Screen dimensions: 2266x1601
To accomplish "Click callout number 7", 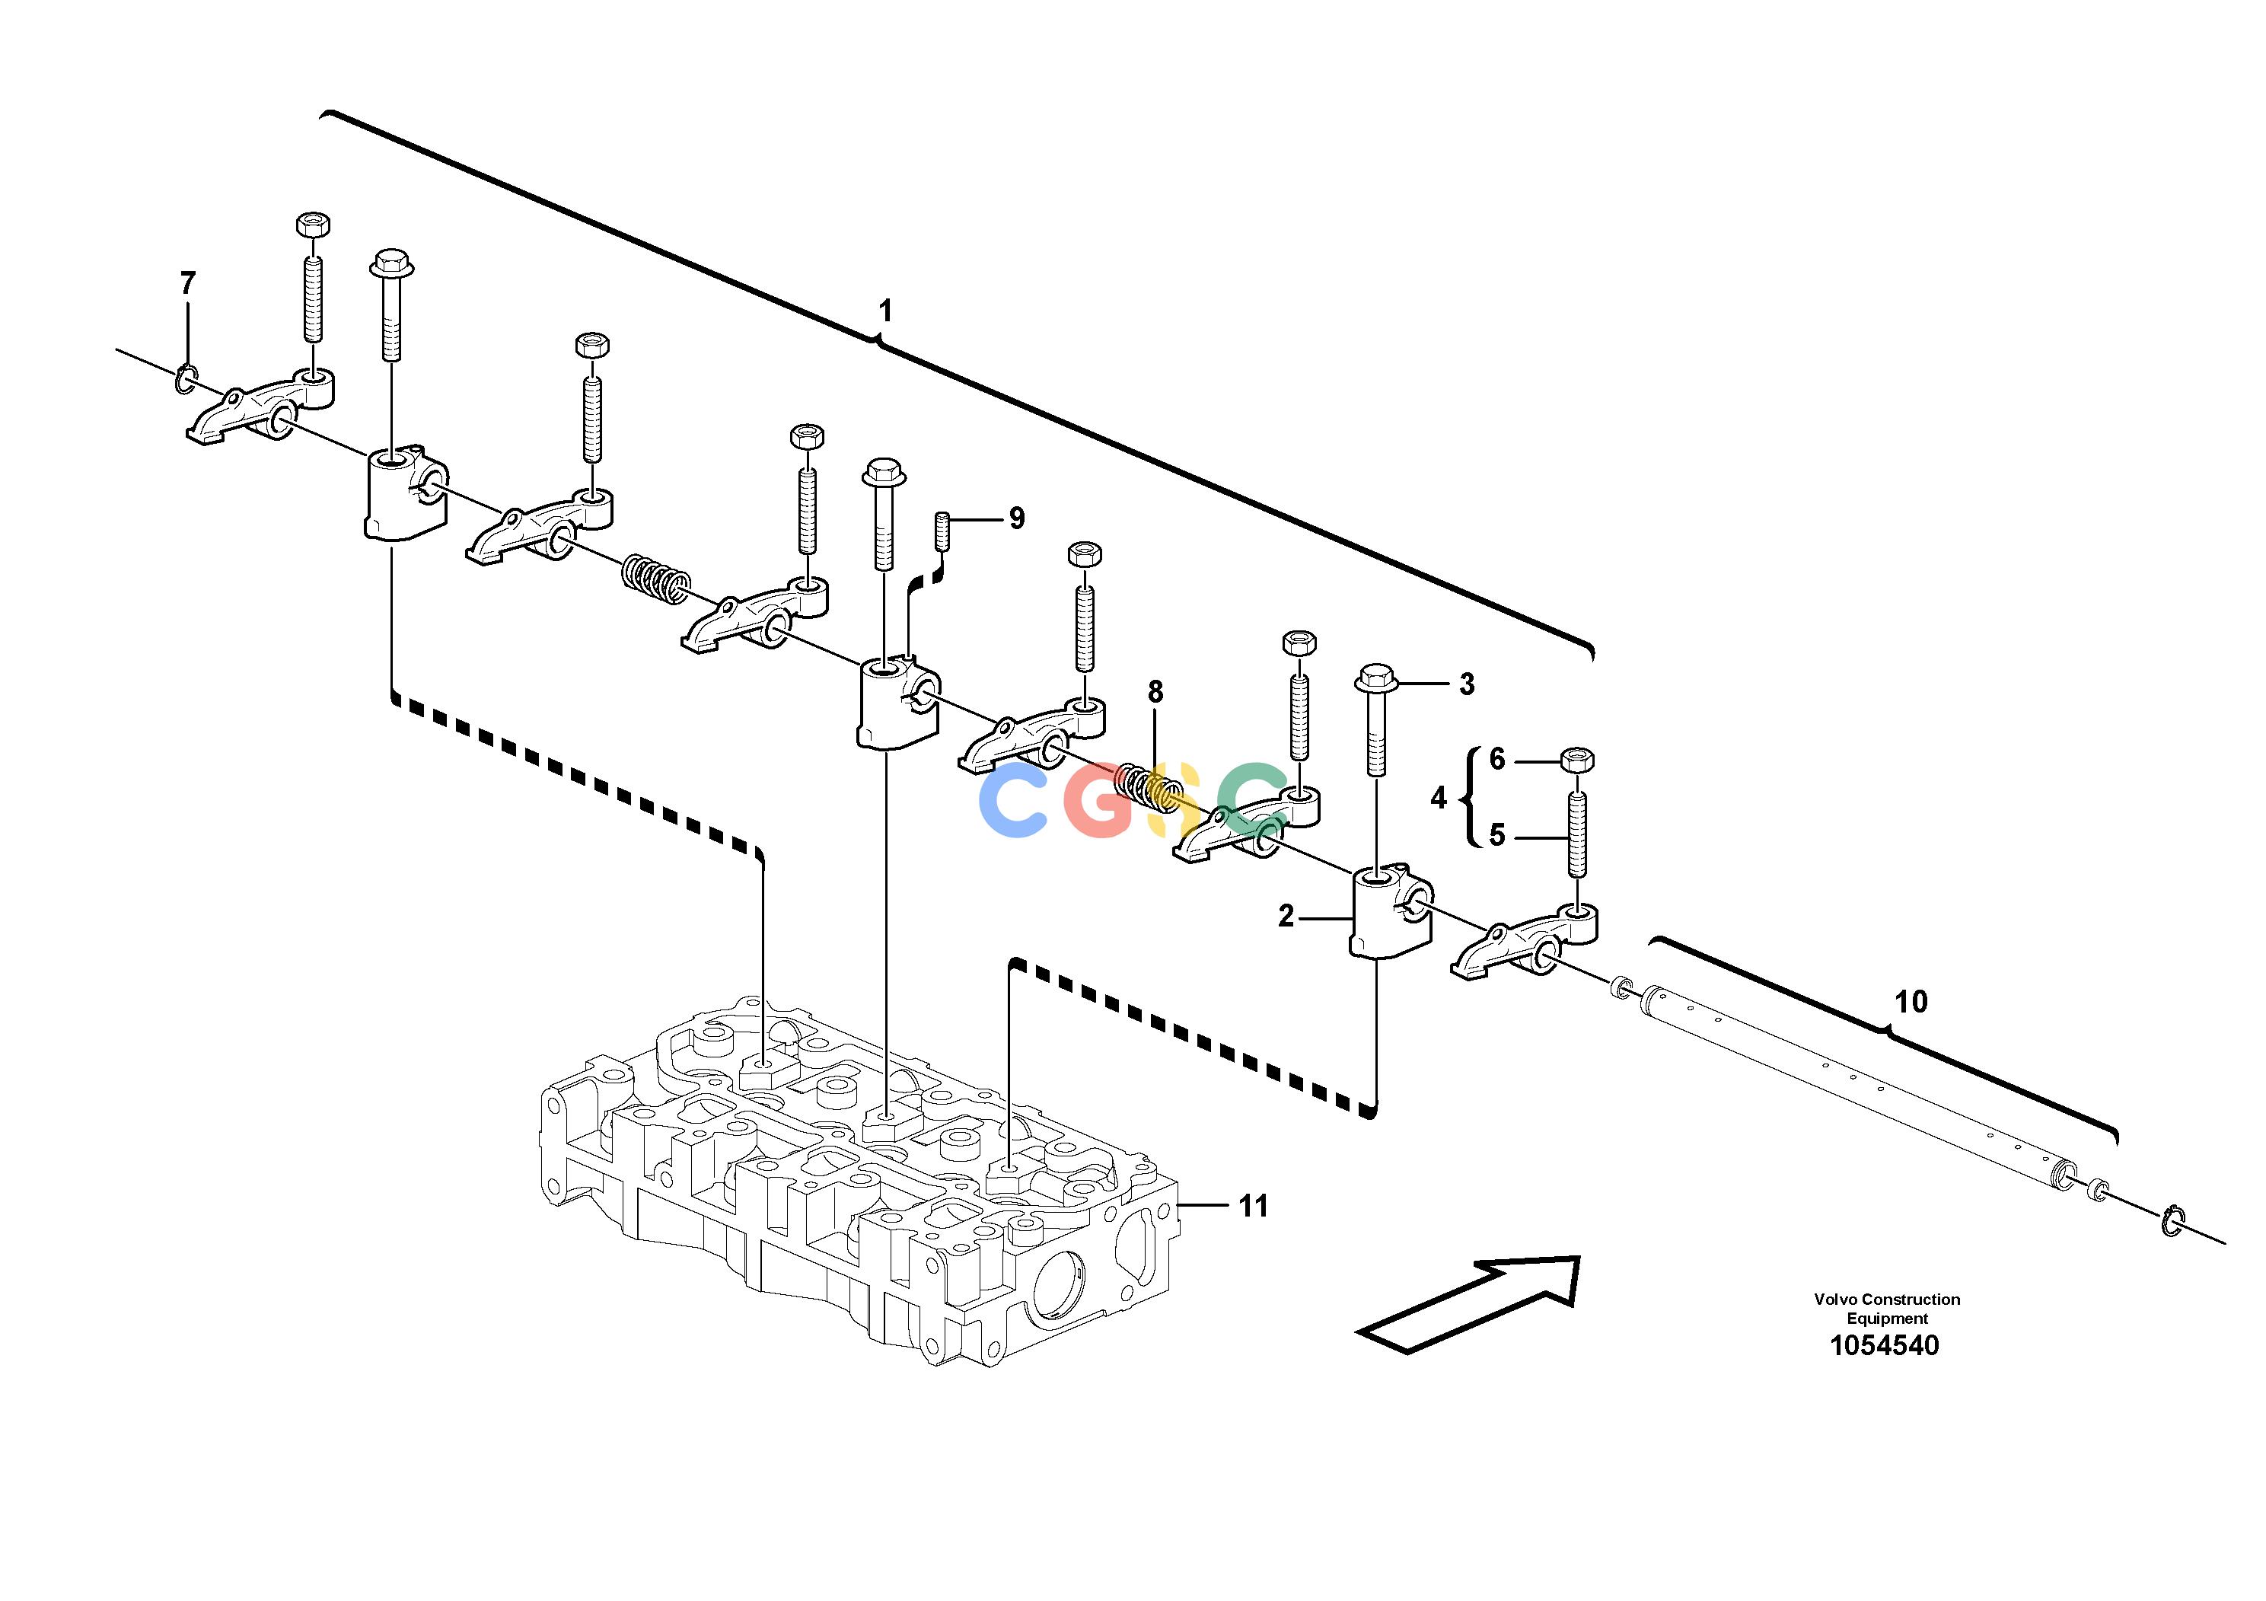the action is tap(187, 283).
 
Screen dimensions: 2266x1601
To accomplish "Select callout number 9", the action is tap(1017, 518).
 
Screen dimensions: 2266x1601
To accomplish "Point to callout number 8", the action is tap(1155, 692).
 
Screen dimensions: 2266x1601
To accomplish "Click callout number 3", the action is tap(1467, 684).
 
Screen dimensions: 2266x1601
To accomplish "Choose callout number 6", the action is tap(1497, 759).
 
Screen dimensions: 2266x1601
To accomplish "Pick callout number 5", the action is tap(1497, 835).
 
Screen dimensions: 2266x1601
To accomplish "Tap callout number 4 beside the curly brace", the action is tap(1439, 798).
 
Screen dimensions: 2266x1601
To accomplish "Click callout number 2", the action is tap(1286, 916).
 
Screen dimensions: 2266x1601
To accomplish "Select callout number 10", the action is tap(1911, 1002).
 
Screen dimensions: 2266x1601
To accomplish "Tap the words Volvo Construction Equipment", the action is tap(1887, 1309).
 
